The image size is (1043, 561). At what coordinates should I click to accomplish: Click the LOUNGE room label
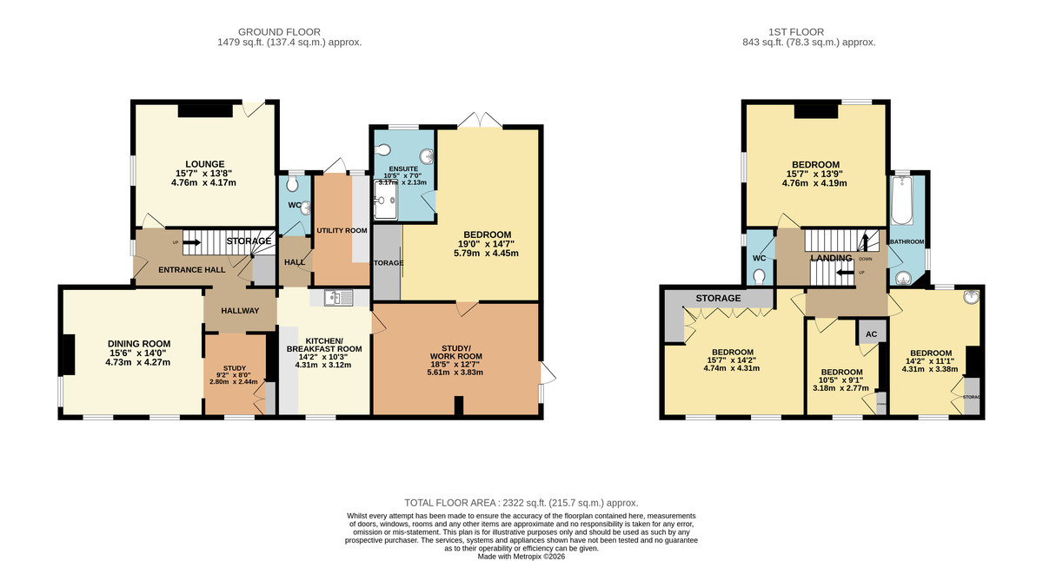[204, 163]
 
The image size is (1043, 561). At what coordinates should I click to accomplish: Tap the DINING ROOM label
[139, 343]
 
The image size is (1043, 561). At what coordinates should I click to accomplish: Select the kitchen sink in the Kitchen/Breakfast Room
[337, 299]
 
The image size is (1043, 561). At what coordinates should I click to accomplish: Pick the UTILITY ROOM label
[342, 230]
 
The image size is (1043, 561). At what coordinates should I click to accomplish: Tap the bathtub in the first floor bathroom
[900, 200]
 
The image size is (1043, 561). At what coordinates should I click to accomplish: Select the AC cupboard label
[869, 333]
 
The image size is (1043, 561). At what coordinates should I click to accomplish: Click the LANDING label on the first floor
[831, 259]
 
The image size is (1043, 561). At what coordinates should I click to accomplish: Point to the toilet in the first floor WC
[760, 275]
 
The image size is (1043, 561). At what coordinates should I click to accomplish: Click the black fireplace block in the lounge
[206, 110]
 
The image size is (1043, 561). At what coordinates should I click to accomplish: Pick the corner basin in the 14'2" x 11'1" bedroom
[971, 297]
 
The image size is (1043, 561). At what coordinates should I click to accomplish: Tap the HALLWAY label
[240, 311]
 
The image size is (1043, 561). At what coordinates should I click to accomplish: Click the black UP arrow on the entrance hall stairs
[190, 243]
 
